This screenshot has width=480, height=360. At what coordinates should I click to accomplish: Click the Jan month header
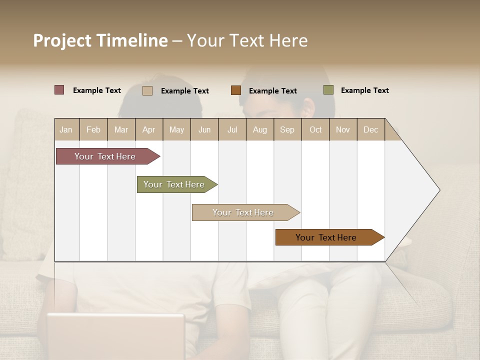[x=66, y=129]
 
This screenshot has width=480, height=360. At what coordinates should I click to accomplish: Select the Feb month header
[x=93, y=129]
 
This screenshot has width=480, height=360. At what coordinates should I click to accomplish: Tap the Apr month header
[x=148, y=129]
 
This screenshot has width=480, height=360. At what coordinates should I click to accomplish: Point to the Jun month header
[x=204, y=129]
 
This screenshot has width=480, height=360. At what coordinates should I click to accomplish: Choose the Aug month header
[x=259, y=129]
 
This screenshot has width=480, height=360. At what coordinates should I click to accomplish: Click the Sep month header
[x=287, y=129]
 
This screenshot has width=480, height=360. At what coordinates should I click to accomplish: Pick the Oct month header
[x=315, y=129]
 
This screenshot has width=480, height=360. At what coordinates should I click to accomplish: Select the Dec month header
[x=370, y=129]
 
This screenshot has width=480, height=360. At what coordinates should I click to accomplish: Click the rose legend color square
[x=59, y=90]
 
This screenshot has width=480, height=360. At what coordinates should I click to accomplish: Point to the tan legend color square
[x=147, y=90]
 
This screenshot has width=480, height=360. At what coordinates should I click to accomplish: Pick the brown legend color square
[x=236, y=90]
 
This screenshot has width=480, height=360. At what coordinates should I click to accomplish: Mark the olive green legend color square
[x=328, y=90]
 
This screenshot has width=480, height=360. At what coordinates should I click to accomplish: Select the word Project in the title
[x=62, y=40]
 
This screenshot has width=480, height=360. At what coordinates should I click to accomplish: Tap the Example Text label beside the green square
[x=364, y=90]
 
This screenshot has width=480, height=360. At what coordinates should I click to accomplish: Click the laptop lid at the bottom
[x=116, y=335]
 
